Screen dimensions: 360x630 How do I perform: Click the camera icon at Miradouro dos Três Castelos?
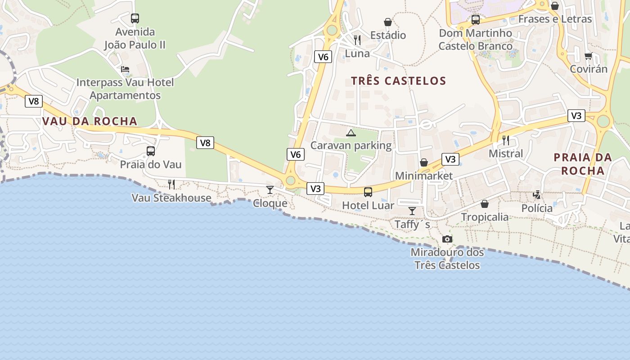click(447, 239)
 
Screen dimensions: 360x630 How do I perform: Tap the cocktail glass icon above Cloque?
click(270, 189)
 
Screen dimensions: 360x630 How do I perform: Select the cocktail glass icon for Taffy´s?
click(412, 211)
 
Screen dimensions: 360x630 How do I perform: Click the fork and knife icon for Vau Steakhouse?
click(171, 184)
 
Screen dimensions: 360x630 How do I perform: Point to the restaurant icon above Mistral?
click(506, 140)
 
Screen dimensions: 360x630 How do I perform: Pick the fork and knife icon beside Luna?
click(357, 40)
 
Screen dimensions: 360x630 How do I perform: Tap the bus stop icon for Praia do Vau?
click(151, 151)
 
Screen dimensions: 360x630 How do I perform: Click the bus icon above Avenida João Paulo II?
click(135, 18)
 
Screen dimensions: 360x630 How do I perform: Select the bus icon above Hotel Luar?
click(368, 192)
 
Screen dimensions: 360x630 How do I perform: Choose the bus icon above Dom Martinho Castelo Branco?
click(476, 20)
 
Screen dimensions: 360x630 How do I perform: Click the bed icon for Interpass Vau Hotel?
click(125, 69)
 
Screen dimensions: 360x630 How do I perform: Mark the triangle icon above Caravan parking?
click(351, 133)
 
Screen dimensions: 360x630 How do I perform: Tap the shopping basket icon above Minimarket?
click(424, 162)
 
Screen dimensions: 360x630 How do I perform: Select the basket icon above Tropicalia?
click(485, 204)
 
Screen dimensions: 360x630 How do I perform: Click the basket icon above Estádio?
click(388, 22)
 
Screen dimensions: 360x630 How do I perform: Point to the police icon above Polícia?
click(537, 195)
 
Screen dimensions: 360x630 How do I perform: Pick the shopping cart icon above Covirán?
click(588, 56)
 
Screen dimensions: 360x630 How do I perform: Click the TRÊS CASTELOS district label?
click(398, 81)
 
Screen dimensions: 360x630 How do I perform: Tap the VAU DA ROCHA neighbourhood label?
click(90, 121)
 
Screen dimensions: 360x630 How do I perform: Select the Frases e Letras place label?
click(555, 19)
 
